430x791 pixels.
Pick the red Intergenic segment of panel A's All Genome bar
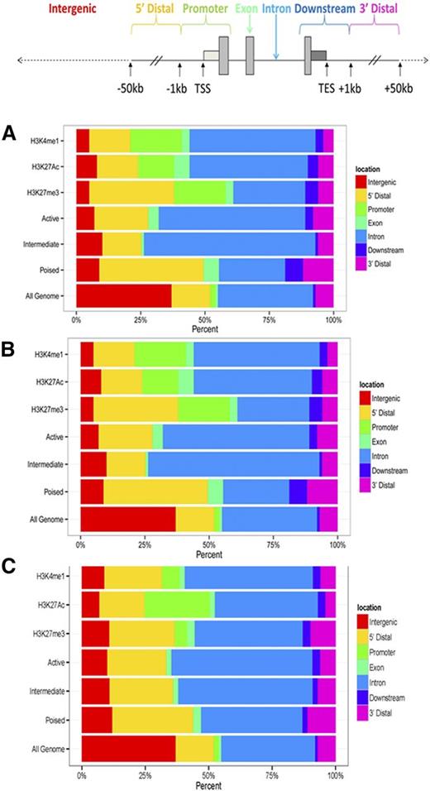pyautogui.click(x=123, y=295)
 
